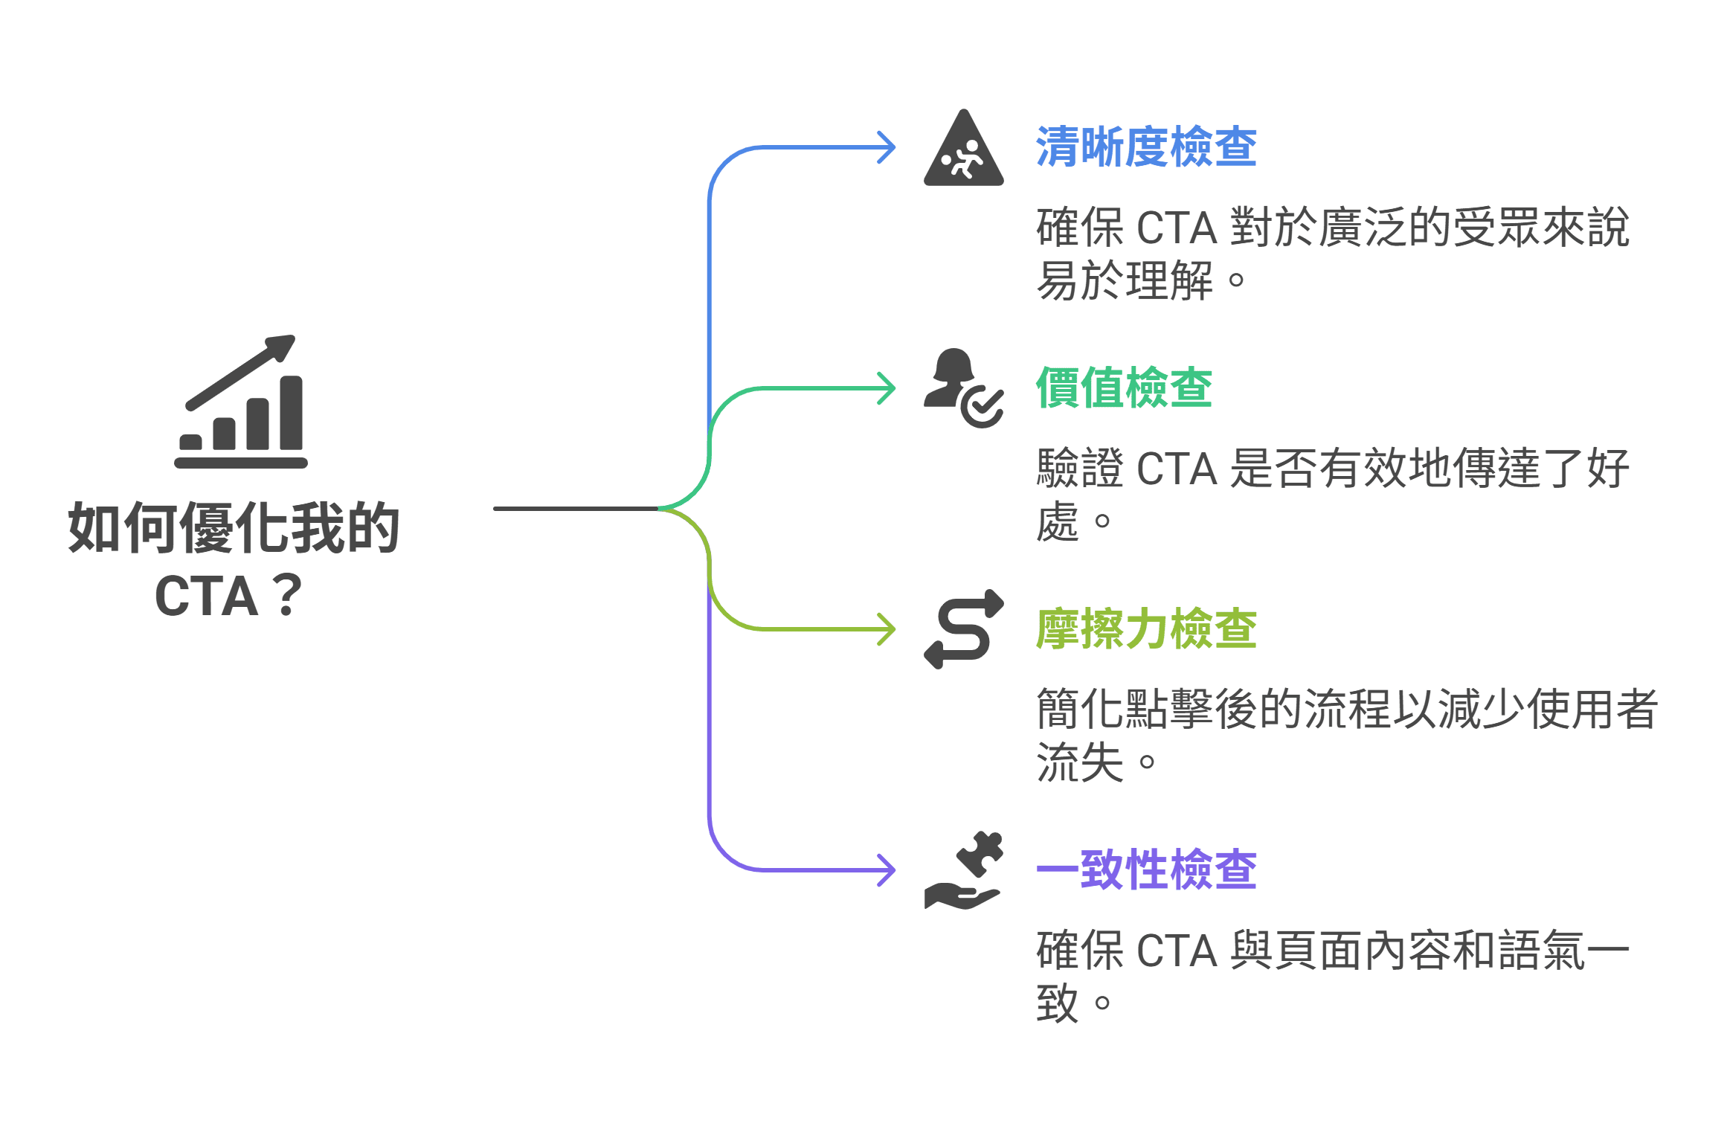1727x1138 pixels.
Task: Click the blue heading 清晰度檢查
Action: click(x=1145, y=147)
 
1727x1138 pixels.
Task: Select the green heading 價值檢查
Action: click(x=1123, y=388)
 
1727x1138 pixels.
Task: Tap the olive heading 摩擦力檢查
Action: click(x=1145, y=629)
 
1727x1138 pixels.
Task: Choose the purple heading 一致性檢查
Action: click(x=1145, y=869)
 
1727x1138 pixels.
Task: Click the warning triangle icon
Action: click(x=963, y=151)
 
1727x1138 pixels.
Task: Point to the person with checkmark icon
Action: click(x=962, y=388)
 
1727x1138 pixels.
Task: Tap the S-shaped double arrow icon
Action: click(x=963, y=629)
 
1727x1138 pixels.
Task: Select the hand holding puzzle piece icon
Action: click(x=963, y=869)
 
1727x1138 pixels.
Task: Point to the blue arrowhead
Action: click(x=887, y=147)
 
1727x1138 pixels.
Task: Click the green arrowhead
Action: click(x=887, y=388)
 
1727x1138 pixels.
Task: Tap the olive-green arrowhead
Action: click(x=887, y=629)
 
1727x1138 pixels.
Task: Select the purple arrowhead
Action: click(x=887, y=869)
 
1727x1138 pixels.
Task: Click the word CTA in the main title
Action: click(x=206, y=597)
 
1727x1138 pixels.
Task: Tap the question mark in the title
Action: click(x=287, y=597)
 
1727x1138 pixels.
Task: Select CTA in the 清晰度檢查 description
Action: click(x=1177, y=228)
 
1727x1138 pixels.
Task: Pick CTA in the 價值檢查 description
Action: click(x=1177, y=469)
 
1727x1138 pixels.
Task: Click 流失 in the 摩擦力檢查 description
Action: click(x=1079, y=762)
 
